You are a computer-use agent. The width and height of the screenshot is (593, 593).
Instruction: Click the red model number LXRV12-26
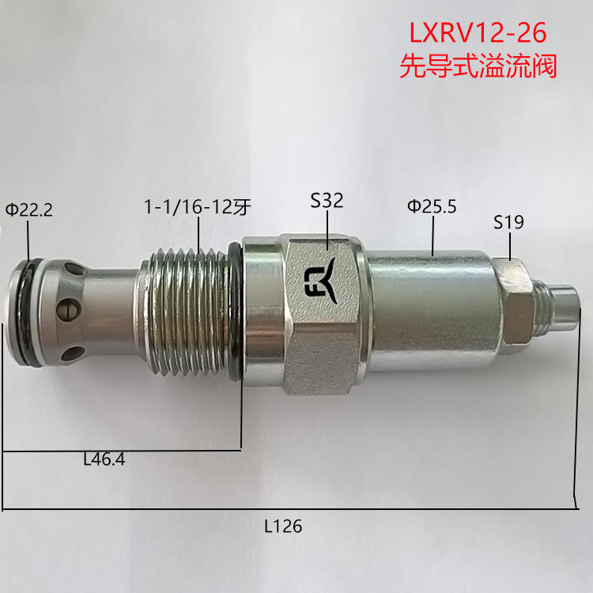(478, 32)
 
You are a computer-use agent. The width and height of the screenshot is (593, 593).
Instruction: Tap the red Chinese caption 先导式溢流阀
(478, 66)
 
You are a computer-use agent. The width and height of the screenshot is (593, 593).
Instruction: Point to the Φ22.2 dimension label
(28, 210)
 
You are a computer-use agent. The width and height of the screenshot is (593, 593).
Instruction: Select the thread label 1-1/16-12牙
(198, 207)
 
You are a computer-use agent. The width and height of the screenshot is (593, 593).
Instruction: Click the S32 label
(327, 201)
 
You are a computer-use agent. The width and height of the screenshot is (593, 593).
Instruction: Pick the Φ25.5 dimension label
(432, 206)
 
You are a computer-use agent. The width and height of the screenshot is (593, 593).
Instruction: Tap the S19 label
(508, 222)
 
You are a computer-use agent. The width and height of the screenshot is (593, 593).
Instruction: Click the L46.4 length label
(104, 459)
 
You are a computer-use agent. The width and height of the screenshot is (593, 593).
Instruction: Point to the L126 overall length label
(283, 526)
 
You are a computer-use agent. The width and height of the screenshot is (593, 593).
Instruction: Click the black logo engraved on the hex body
(320, 280)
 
